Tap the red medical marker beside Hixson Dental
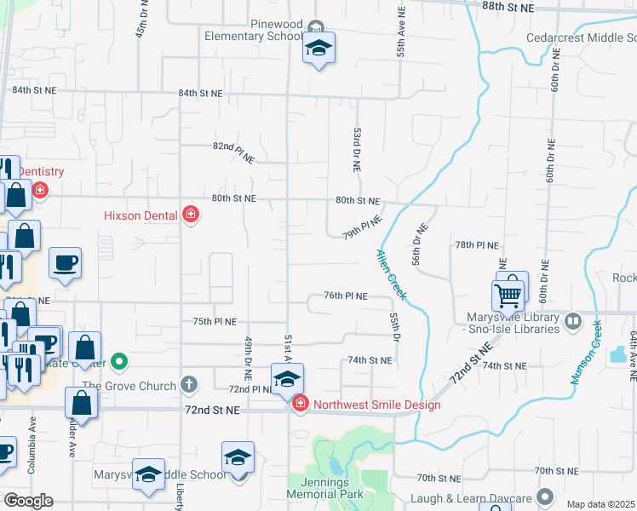click(x=191, y=215)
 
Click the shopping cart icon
click(x=508, y=296)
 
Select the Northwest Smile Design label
click(x=376, y=405)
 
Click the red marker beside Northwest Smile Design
click(x=299, y=404)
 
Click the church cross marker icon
click(x=189, y=384)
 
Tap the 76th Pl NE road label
click(x=345, y=296)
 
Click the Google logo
click(x=28, y=501)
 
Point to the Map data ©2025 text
click(x=600, y=504)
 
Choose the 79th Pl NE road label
click(x=362, y=227)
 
